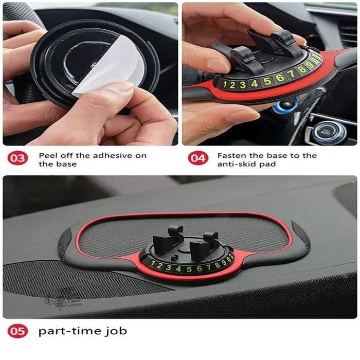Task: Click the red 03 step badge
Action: coord(17,158)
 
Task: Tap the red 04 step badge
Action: coord(198,158)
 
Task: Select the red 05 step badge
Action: coord(17,331)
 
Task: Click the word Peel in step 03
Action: coord(47,155)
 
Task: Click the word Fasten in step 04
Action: coord(230,155)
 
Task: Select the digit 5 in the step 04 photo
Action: coord(267,81)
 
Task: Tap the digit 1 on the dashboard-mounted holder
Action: coord(152,266)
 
